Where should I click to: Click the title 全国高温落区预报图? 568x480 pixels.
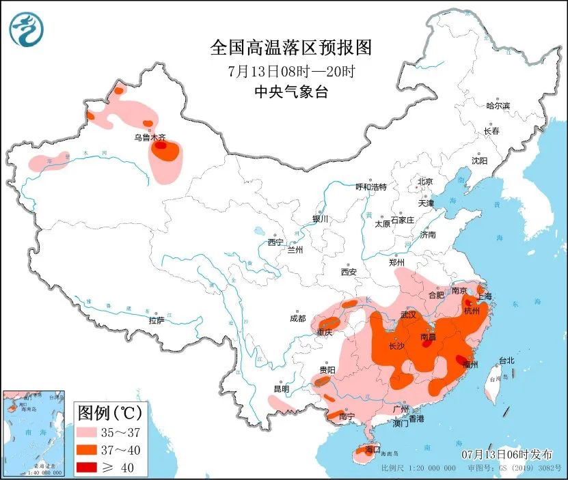click(x=290, y=47)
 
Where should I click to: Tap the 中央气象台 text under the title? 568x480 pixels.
click(x=290, y=91)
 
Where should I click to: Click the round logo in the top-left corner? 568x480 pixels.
click(x=27, y=29)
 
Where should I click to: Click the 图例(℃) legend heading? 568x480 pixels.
click(x=109, y=413)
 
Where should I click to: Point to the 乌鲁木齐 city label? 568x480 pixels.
click(x=149, y=137)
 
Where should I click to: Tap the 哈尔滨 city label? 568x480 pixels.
click(x=498, y=106)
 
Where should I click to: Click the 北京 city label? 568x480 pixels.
click(x=425, y=182)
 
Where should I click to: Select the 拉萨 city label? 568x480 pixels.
click(x=156, y=320)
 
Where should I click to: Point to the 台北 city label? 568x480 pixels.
click(x=506, y=360)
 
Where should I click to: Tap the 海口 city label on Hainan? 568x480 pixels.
click(x=373, y=451)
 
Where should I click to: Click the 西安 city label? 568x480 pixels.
click(x=349, y=272)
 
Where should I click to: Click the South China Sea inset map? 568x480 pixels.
click(x=34, y=433)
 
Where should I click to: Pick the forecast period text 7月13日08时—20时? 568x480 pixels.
click(x=290, y=70)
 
